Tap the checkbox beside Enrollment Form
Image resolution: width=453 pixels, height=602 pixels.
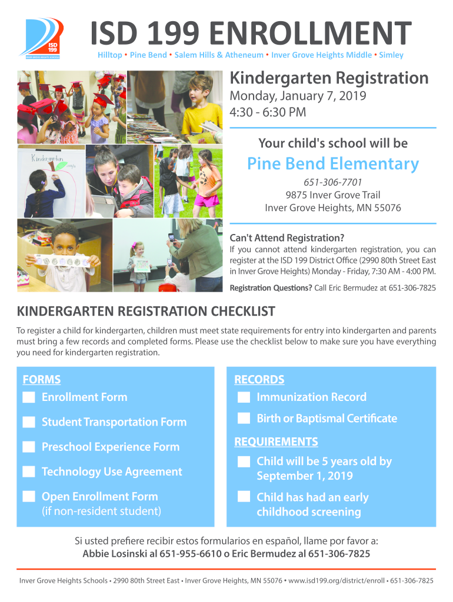coord(28,397)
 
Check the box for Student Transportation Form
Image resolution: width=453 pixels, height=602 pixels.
coord(28,422)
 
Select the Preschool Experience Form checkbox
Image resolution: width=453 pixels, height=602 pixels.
coord(28,447)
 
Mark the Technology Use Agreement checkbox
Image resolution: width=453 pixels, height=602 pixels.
coord(28,471)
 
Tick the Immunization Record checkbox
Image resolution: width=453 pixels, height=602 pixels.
coord(244,397)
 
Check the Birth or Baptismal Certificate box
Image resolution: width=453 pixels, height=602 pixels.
coord(244,419)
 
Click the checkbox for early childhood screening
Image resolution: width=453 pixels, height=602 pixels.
coord(244,497)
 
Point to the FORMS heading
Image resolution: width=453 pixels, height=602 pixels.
coord(41,380)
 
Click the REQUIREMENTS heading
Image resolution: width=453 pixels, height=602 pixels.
coord(276,442)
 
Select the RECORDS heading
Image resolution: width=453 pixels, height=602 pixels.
coord(259,380)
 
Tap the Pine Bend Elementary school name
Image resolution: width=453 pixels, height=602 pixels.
coord(332,163)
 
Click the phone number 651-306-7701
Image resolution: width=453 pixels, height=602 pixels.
coord(333,183)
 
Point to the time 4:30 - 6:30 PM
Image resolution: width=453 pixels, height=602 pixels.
coord(268,111)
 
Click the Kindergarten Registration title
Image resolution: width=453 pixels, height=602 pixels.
coord(329,78)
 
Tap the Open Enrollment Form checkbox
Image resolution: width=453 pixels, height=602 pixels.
coord(28,497)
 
